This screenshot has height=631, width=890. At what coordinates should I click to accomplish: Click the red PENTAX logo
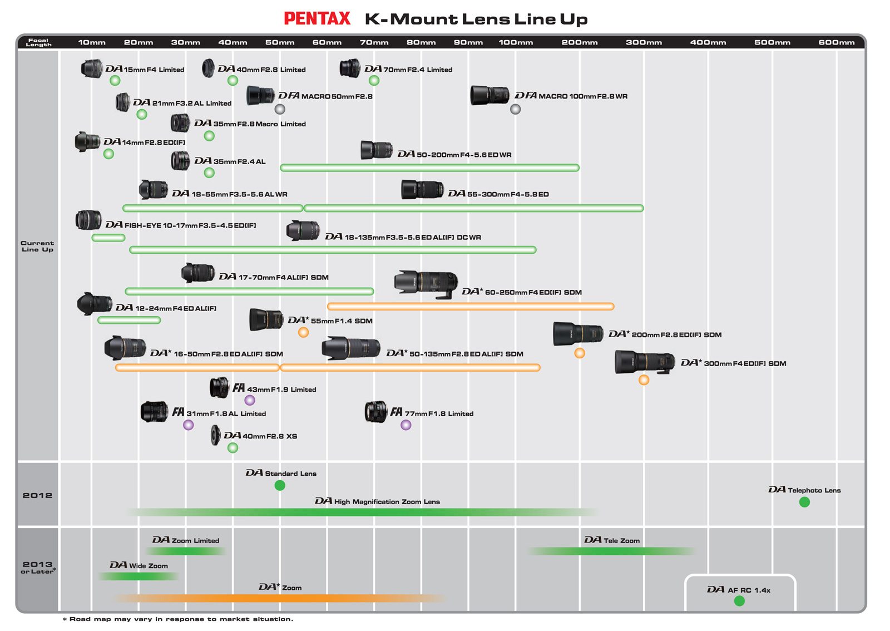pos(317,19)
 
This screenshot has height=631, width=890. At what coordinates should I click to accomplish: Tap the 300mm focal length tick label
pos(644,42)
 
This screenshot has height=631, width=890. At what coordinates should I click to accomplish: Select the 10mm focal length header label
pos(92,42)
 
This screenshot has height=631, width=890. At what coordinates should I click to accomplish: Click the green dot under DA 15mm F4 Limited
pos(115,81)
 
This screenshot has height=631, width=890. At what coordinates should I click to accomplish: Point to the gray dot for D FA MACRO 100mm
pos(516,109)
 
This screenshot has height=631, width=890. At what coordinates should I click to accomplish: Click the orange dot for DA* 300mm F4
pos(644,380)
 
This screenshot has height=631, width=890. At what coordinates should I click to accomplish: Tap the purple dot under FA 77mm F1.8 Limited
pos(406,425)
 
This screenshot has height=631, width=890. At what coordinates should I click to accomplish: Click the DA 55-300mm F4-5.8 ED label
pos(498,194)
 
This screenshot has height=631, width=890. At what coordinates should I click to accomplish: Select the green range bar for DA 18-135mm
pos(333,250)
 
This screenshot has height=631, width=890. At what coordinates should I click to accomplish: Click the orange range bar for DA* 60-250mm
pos(471,307)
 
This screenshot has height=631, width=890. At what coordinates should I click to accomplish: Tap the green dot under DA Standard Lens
pos(280,486)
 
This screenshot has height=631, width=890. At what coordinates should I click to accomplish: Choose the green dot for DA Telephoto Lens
pos(804,502)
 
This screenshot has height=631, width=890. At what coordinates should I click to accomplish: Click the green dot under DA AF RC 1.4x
pos(739,601)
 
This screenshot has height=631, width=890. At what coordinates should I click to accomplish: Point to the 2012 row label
pos(37,495)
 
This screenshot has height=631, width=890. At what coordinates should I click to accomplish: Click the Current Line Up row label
pos(37,247)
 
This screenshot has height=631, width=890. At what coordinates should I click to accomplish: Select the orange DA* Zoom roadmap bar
pos(280,598)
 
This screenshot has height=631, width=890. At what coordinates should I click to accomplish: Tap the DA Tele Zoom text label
pos(612,540)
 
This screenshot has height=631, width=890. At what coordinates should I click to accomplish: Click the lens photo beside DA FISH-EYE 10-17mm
pos(88,220)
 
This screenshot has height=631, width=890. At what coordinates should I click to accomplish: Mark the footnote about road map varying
pos(178,619)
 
